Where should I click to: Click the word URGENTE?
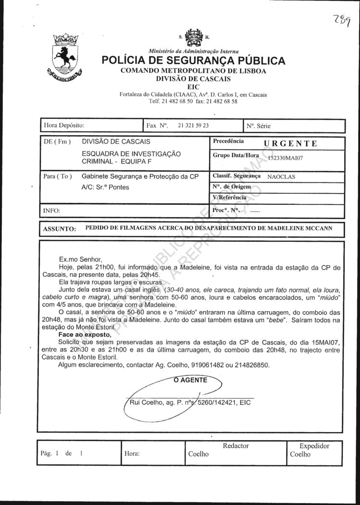pyautogui.click(x=291, y=143)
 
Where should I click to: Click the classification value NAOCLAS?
pyautogui.click(x=281, y=176)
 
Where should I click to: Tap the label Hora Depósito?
pyautogui.click(x=64, y=126)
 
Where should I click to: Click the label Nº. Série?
pyautogui.click(x=259, y=126)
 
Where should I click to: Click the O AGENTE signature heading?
pyautogui.click(x=190, y=380)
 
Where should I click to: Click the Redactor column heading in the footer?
pyautogui.click(x=236, y=446)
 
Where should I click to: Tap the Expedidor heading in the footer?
pyautogui.click(x=314, y=446)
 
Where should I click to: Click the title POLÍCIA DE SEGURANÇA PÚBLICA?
pyautogui.click(x=193, y=61)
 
